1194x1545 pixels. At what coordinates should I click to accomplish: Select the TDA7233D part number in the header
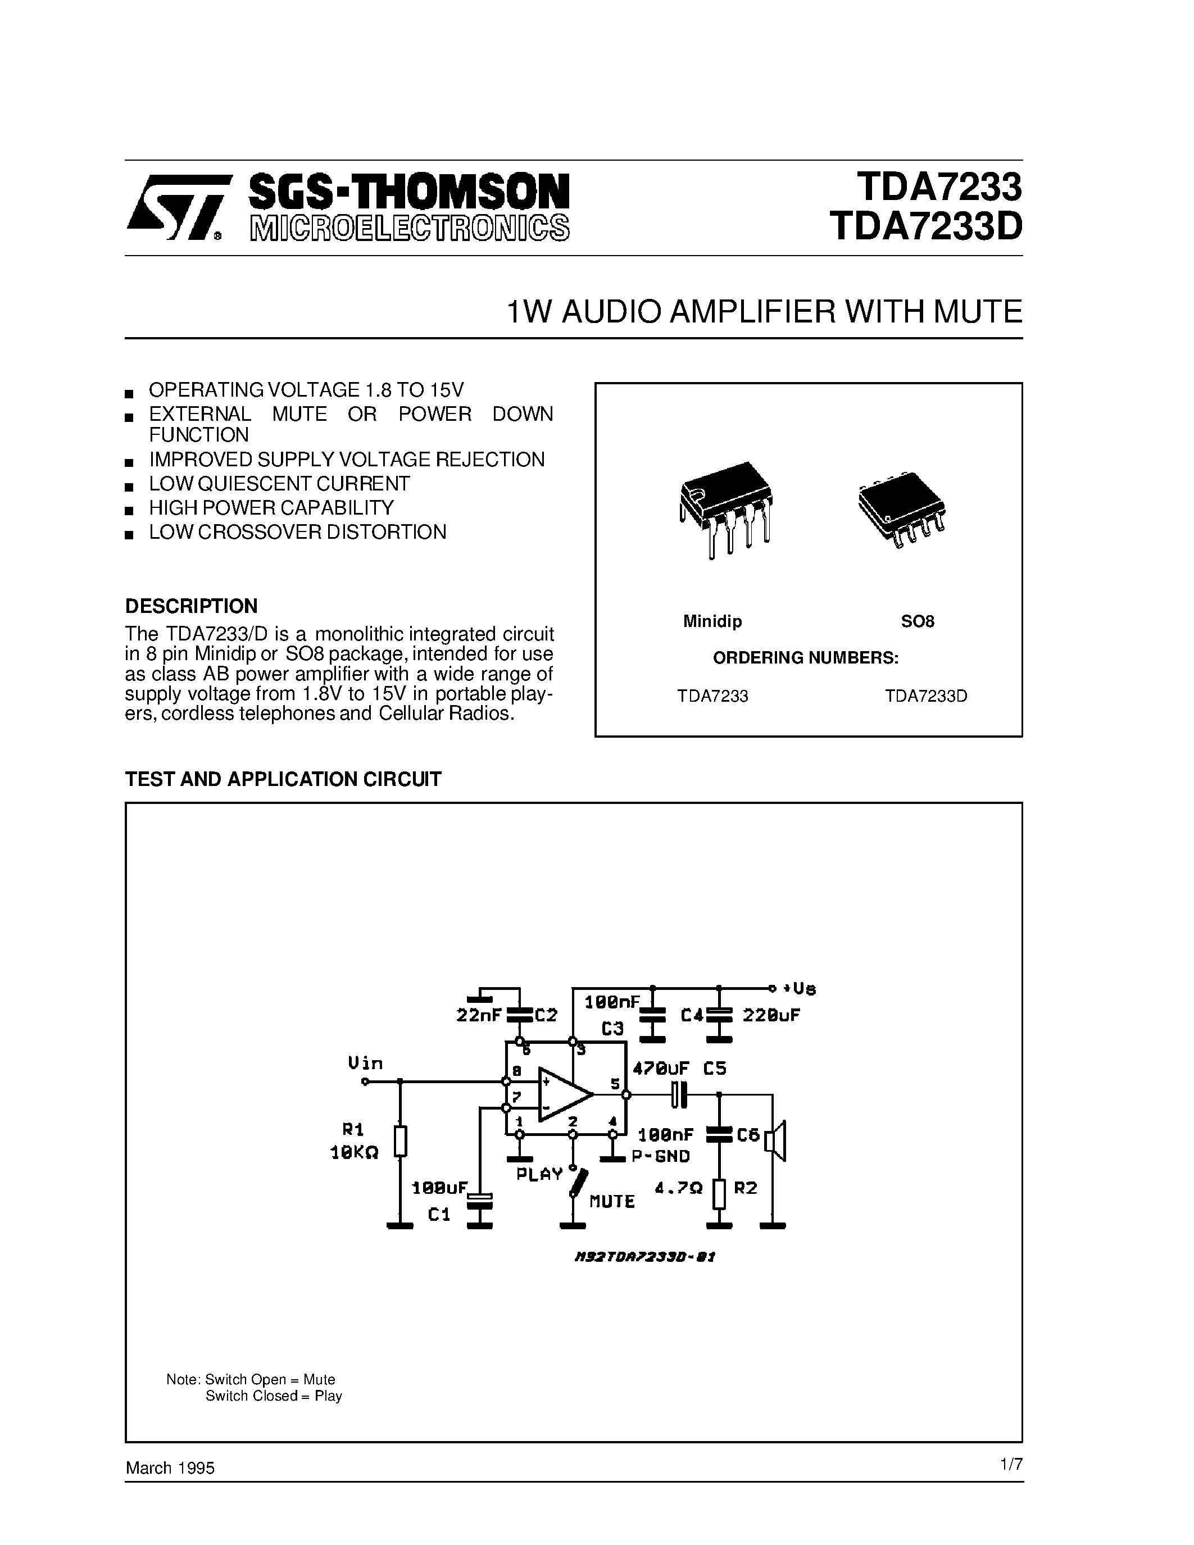click(926, 227)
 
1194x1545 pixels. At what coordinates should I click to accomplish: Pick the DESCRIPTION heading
click(191, 606)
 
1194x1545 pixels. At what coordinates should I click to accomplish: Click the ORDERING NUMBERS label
click(806, 658)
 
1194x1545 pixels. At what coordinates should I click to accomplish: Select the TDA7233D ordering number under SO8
click(926, 696)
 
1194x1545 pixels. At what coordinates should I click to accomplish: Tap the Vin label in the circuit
click(365, 1062)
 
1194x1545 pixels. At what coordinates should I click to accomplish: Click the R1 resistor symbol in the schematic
click(401, 1141)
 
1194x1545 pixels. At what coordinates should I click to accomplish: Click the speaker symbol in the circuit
click(778, 1140)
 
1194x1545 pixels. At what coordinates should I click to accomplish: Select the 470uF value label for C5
click(661, 1068)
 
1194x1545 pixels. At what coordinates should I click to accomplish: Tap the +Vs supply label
click(800, 988)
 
